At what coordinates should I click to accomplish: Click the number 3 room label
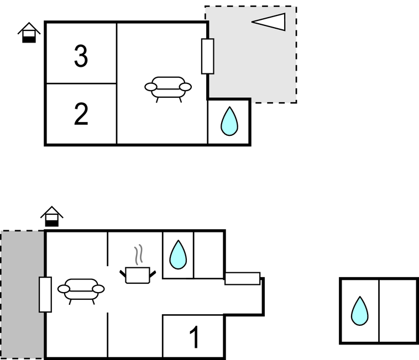click(x=81, y=56)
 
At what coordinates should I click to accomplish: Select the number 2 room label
click(x=81, y=114)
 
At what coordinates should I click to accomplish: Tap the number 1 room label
click(x=193, y=337)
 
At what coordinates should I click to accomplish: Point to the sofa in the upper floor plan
click(x=168, y=87)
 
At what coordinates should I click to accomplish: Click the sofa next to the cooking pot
click(x=81, y=289)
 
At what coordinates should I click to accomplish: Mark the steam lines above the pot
click(x=139, y=254)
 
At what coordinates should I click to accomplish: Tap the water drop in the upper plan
click(x=229, y=121)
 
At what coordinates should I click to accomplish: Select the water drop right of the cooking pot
click(x=177, y=255)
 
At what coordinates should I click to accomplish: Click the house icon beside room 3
click(x=29, y=33)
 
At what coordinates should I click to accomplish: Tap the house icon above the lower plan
click(x=51, y=216)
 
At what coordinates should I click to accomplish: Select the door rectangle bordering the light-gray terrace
click(x=207, y=56)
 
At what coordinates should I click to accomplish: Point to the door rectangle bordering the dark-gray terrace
click(x=45, y=294)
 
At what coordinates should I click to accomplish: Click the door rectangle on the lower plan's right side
click(x=242, y=278)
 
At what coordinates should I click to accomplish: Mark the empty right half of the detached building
click(x=398, y=311)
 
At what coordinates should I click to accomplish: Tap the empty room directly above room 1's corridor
click(x=208, y=255)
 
